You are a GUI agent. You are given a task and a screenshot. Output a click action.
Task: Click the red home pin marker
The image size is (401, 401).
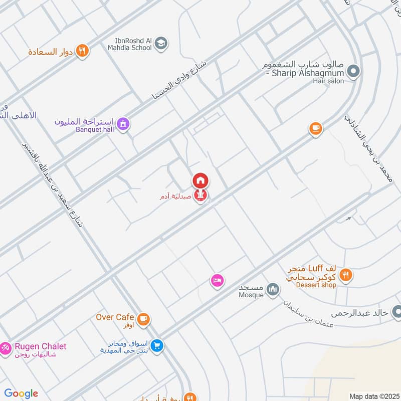pyautogui.click(x=200, y=180)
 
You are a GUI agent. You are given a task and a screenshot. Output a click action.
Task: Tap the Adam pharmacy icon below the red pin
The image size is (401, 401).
pyautogui.click(x=200, y=197)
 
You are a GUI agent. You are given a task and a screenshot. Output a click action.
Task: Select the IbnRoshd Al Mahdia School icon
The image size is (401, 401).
pyautogui.click(x=161, y=44)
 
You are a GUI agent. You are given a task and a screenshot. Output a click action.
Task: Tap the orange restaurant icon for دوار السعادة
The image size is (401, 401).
pyautogui.click(x=83, y=51)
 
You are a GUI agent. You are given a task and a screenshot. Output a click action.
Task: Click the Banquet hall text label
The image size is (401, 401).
pyautogui.click(x=95, y=130)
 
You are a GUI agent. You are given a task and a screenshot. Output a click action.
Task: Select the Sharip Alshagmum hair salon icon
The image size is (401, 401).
pyautogui.click(x=353, y=72)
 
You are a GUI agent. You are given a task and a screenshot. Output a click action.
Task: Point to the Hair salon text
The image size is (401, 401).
pyautogui.click(x=329, y=81)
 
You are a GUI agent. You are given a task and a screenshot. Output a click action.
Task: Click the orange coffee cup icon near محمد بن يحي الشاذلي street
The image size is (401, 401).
pyautogui.click(x=315, y=128)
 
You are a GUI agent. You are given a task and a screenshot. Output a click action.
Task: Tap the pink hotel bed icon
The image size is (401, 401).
pyautogui.click(x=217, y=281)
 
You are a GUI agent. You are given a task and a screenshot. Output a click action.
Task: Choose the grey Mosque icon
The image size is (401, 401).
pyautogui.click(x=273, y=289)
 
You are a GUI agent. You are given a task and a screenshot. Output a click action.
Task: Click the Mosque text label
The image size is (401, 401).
pyautogui.click(x=251, y=295)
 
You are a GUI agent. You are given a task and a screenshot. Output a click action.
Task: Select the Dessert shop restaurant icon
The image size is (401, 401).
pyautogui.click(x=345, y=275)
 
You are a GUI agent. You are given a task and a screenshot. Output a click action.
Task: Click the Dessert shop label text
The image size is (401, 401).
pyautogui.click(x=316, y=285)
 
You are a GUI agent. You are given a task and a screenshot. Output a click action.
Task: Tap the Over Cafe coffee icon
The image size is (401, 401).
pyautogui.click(x=143, y=319)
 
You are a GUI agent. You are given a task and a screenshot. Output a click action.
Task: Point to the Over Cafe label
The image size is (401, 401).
pyautogui.click(x=115, y=317)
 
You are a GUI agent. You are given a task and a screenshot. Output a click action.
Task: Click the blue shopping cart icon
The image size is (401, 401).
pyautogui.click(x=157, y=346)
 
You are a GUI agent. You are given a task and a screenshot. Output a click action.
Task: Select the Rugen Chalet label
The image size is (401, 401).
pyautogui.click(x=40, y=346)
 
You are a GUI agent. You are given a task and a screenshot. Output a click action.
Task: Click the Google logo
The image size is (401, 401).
pyautogui.click(x=21, y=393)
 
